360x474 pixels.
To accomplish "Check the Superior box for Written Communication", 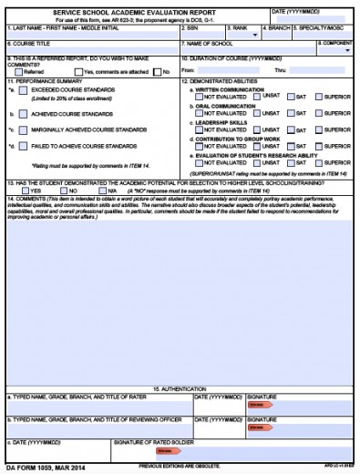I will (x=319, y=97).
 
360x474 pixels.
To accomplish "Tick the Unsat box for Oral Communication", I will (x=258, y=113).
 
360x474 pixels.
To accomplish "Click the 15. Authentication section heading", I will (x=180, y=389).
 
